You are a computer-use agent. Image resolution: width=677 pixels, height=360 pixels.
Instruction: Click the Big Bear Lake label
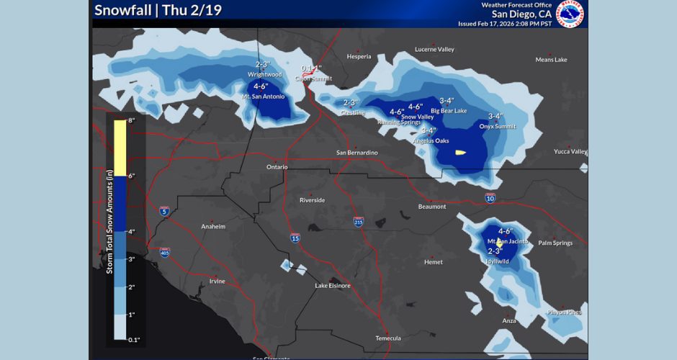point(449,111)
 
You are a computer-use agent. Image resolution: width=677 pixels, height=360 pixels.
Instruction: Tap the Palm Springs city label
point(555,243)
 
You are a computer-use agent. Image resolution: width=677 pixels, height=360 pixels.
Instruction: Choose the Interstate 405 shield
point(166,253)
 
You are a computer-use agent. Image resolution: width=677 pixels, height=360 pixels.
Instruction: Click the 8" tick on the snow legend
point(132,121)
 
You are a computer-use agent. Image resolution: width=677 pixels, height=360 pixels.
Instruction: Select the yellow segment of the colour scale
point(120,148)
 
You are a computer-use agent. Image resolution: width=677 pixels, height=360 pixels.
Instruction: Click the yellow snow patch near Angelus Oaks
point(459,152)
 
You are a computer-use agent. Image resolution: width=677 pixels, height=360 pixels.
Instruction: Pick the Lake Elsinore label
point(333,286)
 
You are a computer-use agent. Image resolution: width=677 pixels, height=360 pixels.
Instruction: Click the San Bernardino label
point(357,153)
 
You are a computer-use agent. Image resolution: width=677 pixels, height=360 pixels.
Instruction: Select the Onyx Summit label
point(498,126)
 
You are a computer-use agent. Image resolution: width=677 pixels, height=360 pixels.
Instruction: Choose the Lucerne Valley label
point(434,50)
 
